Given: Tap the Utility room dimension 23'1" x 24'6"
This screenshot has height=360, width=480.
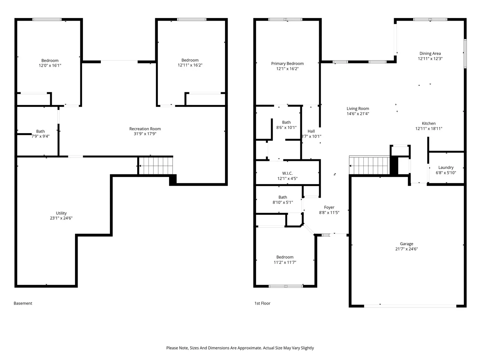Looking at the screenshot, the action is click(61, 218).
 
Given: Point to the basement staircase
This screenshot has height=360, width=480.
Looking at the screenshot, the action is click(156, 166).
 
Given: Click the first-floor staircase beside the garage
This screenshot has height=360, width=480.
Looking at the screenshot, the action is click(369, 165).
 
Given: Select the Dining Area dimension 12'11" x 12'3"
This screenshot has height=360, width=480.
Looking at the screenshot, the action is click(430, 58).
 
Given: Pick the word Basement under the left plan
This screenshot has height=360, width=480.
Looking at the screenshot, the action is click(23, 303).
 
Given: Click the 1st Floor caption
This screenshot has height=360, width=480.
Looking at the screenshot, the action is click(262, 303).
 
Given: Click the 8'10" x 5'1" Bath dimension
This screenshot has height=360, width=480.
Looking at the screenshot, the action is click(282, 202).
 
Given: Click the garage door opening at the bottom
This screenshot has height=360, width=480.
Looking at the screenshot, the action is click(410, 306).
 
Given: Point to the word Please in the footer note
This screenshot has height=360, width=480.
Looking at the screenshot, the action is click(172, 348).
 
